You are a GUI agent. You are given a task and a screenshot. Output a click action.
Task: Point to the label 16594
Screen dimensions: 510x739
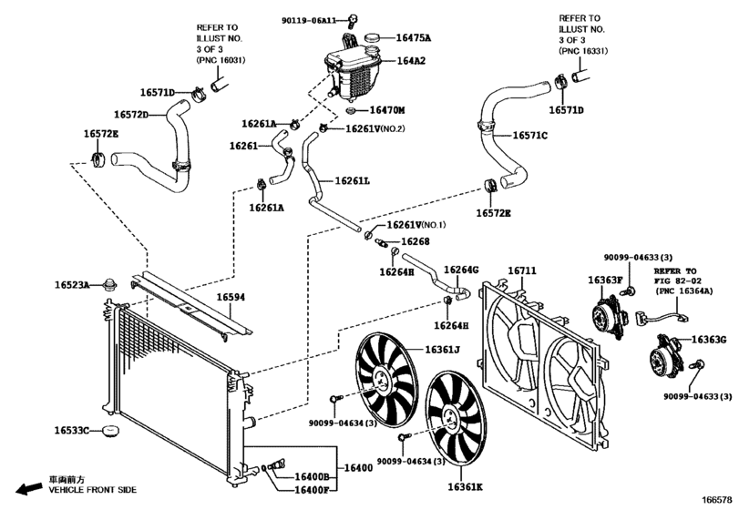coord(231,297)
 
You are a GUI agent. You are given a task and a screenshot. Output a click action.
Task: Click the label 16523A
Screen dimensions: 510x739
coord(71,286)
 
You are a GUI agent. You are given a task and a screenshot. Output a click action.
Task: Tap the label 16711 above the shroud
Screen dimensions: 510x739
coord(522,270)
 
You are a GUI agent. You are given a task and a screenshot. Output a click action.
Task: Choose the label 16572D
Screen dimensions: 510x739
coord(130,115)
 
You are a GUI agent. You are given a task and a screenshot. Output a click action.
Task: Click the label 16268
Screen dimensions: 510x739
coord(416,241)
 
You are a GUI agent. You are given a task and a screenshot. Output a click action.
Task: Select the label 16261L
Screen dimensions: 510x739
coord(351,180)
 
